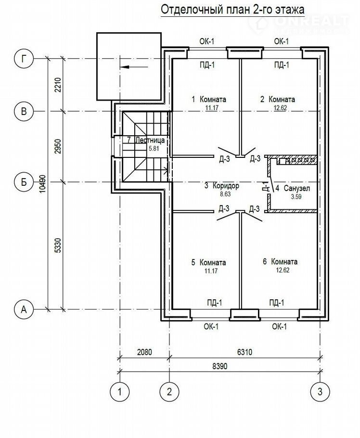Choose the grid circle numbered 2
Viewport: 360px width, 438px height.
click(x=169, y=391)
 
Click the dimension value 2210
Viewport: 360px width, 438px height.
click(x=58, y=85)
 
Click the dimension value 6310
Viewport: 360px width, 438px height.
click(x=244, y=352)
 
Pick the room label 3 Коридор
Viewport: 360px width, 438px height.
click(x=221, y=185)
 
